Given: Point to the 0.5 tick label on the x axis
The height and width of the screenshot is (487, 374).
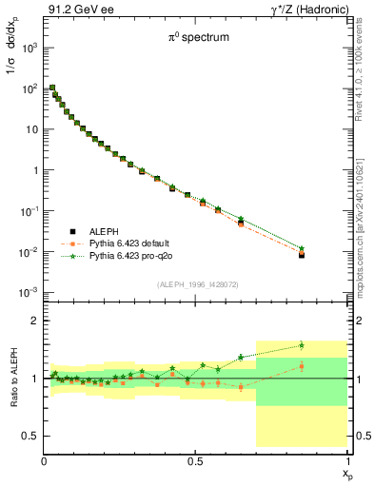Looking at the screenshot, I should pos(196,460).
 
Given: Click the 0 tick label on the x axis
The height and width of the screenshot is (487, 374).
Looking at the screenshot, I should pos(45,460).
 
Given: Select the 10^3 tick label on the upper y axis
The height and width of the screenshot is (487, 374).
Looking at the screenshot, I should pos(30,47).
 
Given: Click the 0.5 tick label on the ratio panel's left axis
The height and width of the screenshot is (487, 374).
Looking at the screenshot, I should pos(30,436).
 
